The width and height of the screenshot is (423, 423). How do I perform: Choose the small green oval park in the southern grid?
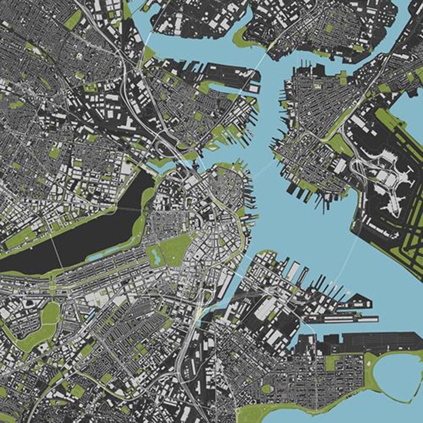click(x=267, y=389)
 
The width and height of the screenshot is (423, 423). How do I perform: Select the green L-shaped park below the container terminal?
click(x=341, y=362)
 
